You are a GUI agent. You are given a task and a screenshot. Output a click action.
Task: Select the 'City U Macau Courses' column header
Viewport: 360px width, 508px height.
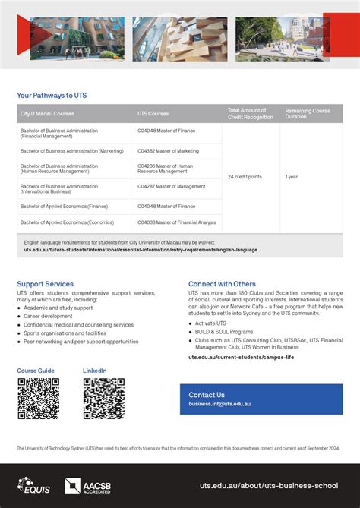(47, 114)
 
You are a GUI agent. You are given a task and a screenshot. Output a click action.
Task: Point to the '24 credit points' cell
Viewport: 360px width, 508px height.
(245, 177)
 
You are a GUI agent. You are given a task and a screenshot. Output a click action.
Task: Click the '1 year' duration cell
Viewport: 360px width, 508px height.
(292, 177)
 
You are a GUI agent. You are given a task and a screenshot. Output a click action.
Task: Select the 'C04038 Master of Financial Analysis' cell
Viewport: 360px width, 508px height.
(176, 222)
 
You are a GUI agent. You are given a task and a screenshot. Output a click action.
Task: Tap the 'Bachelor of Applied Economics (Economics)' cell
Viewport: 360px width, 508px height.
(67, 222)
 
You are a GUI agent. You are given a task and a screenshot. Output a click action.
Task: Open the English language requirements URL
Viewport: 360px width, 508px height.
(141, 249)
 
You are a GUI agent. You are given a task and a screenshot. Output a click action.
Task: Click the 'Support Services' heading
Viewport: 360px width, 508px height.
(46, 284)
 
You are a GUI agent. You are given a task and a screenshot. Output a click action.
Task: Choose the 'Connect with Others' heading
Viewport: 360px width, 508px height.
(222, 284)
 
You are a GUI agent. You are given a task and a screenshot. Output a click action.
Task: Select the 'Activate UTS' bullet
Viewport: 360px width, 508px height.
(210, 323)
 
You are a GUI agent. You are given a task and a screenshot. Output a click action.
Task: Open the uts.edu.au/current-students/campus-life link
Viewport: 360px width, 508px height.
(241, 356)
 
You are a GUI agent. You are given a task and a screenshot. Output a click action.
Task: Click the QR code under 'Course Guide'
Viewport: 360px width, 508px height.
(38, 399)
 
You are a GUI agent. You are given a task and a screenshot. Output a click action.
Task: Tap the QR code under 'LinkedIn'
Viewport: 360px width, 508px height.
(103, 399)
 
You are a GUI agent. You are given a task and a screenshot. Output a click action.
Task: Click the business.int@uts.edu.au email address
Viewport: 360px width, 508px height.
(219, 404)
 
